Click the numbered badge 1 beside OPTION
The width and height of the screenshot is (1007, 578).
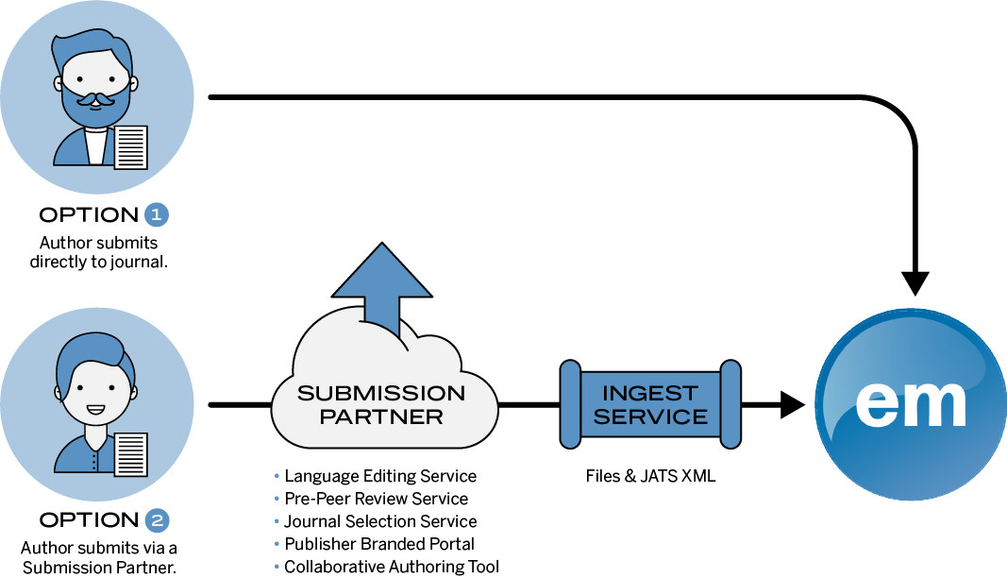(x=156, y=214)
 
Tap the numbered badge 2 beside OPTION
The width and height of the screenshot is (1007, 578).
(x=158, y=520)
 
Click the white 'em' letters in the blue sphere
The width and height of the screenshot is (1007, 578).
(x=911, y=404)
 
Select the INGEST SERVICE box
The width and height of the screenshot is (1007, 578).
(x=650, y=404)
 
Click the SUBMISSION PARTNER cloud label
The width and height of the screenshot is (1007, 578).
(x=381, y=404)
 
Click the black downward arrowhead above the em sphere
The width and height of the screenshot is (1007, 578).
(x=915, y=283)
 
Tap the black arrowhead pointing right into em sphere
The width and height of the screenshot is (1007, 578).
(x=793, y=404)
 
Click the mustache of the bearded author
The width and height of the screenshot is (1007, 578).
(x=95, y=100)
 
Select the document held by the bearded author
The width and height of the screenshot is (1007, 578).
(x=131, y=147)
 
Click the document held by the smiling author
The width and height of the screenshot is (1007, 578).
(x=131, y=454)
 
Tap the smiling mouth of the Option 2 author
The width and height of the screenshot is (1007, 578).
(x=95, y=410)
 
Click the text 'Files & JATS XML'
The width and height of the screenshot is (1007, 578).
(x=650, y=476)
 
